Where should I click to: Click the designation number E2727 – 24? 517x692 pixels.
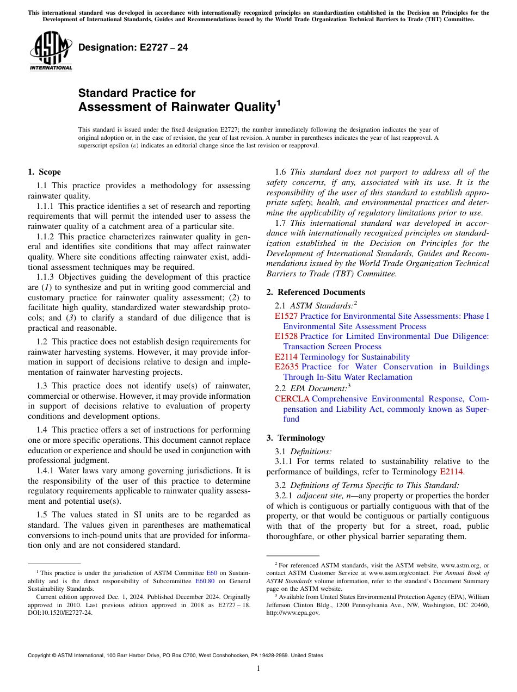[133, 47]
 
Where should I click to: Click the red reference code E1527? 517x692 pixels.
[286, 316]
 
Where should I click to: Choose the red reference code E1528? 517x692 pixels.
[286, 337]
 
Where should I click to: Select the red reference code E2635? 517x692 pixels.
[286, 367]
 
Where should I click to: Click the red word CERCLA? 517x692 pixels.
[292, 399]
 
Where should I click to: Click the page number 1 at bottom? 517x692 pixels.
[258, 669]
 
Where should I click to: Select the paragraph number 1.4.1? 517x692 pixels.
[45, 471]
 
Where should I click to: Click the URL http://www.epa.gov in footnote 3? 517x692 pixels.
[293, 612]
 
